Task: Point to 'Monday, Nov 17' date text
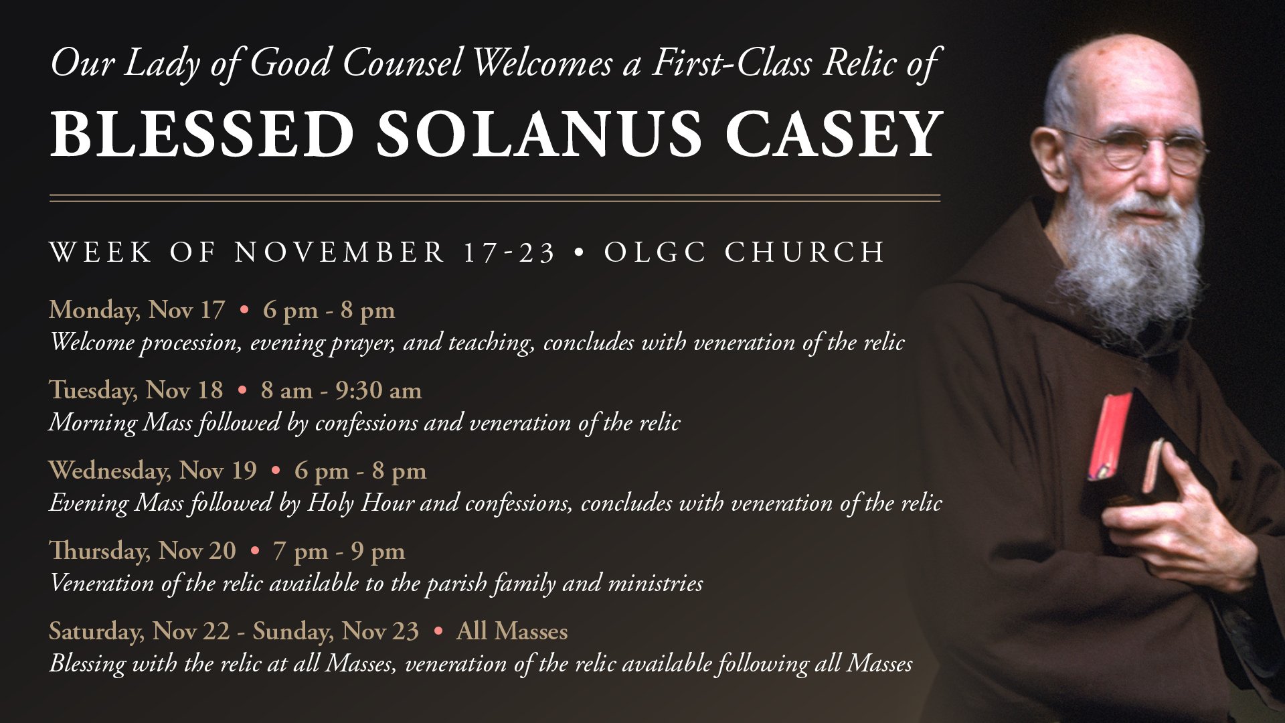(x=137, y=311)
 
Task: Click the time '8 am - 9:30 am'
(x=341, y=390)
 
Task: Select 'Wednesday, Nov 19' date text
(x=153, y=471)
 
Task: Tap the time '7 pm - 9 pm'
(x=339, y=552)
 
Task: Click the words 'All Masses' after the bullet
(x=512, y=631)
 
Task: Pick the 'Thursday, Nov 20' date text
(x=143, y=551)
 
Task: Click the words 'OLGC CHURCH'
(x=744, y=252)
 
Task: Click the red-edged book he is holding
(x=1138, y=455)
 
